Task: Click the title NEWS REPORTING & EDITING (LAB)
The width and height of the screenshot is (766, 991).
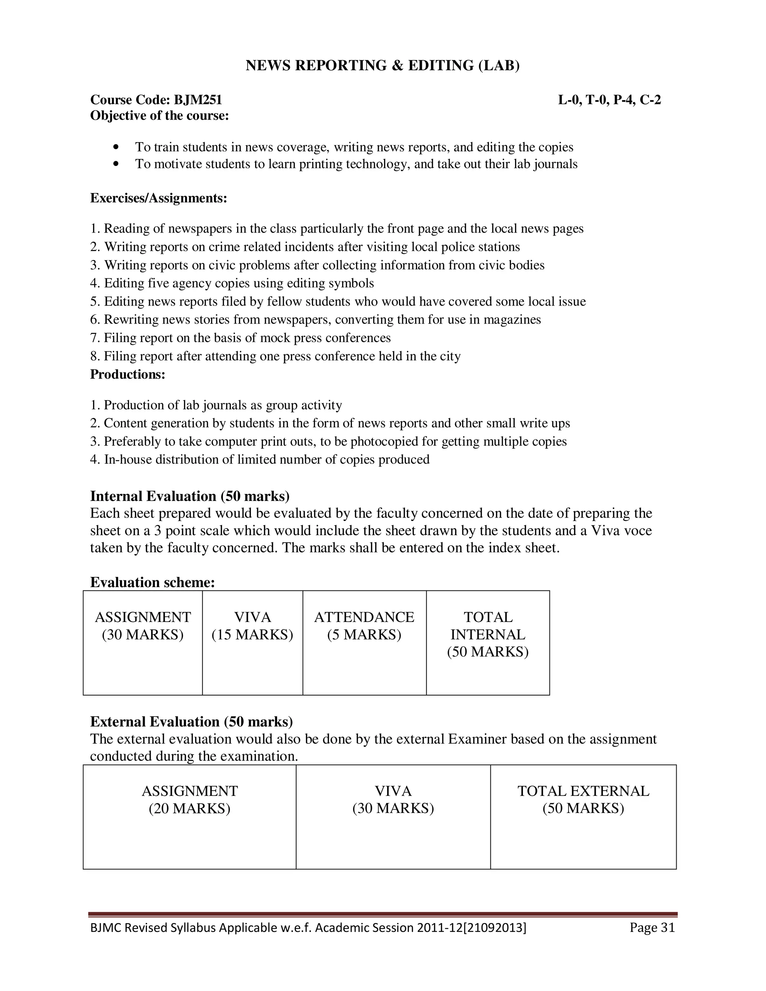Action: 383,66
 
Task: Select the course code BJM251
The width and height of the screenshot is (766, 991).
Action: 198,100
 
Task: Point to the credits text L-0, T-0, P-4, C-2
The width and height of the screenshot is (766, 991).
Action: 609,100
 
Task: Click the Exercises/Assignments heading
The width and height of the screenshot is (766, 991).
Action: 158,198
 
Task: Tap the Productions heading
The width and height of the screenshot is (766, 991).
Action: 128,374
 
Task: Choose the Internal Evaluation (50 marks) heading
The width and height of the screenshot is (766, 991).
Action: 190,496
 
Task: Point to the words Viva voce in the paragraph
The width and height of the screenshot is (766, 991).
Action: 621,530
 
